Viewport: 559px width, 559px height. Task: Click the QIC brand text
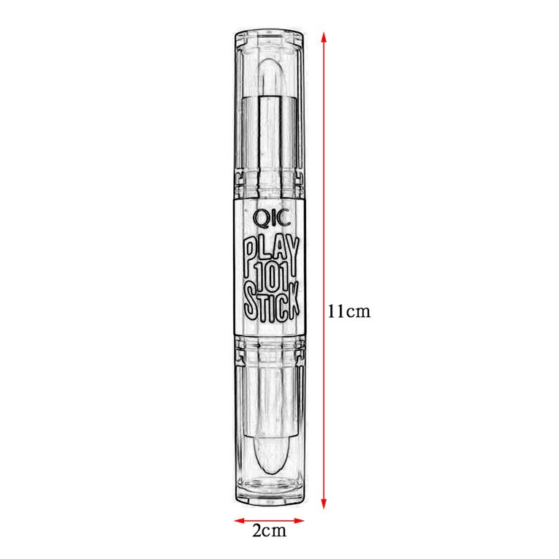point(269,217)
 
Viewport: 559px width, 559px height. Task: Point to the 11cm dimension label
point(349,311)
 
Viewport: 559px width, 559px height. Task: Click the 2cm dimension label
point(269,531)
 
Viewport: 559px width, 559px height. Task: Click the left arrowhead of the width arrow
point(238,522)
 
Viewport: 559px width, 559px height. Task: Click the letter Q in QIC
point(258,217)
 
